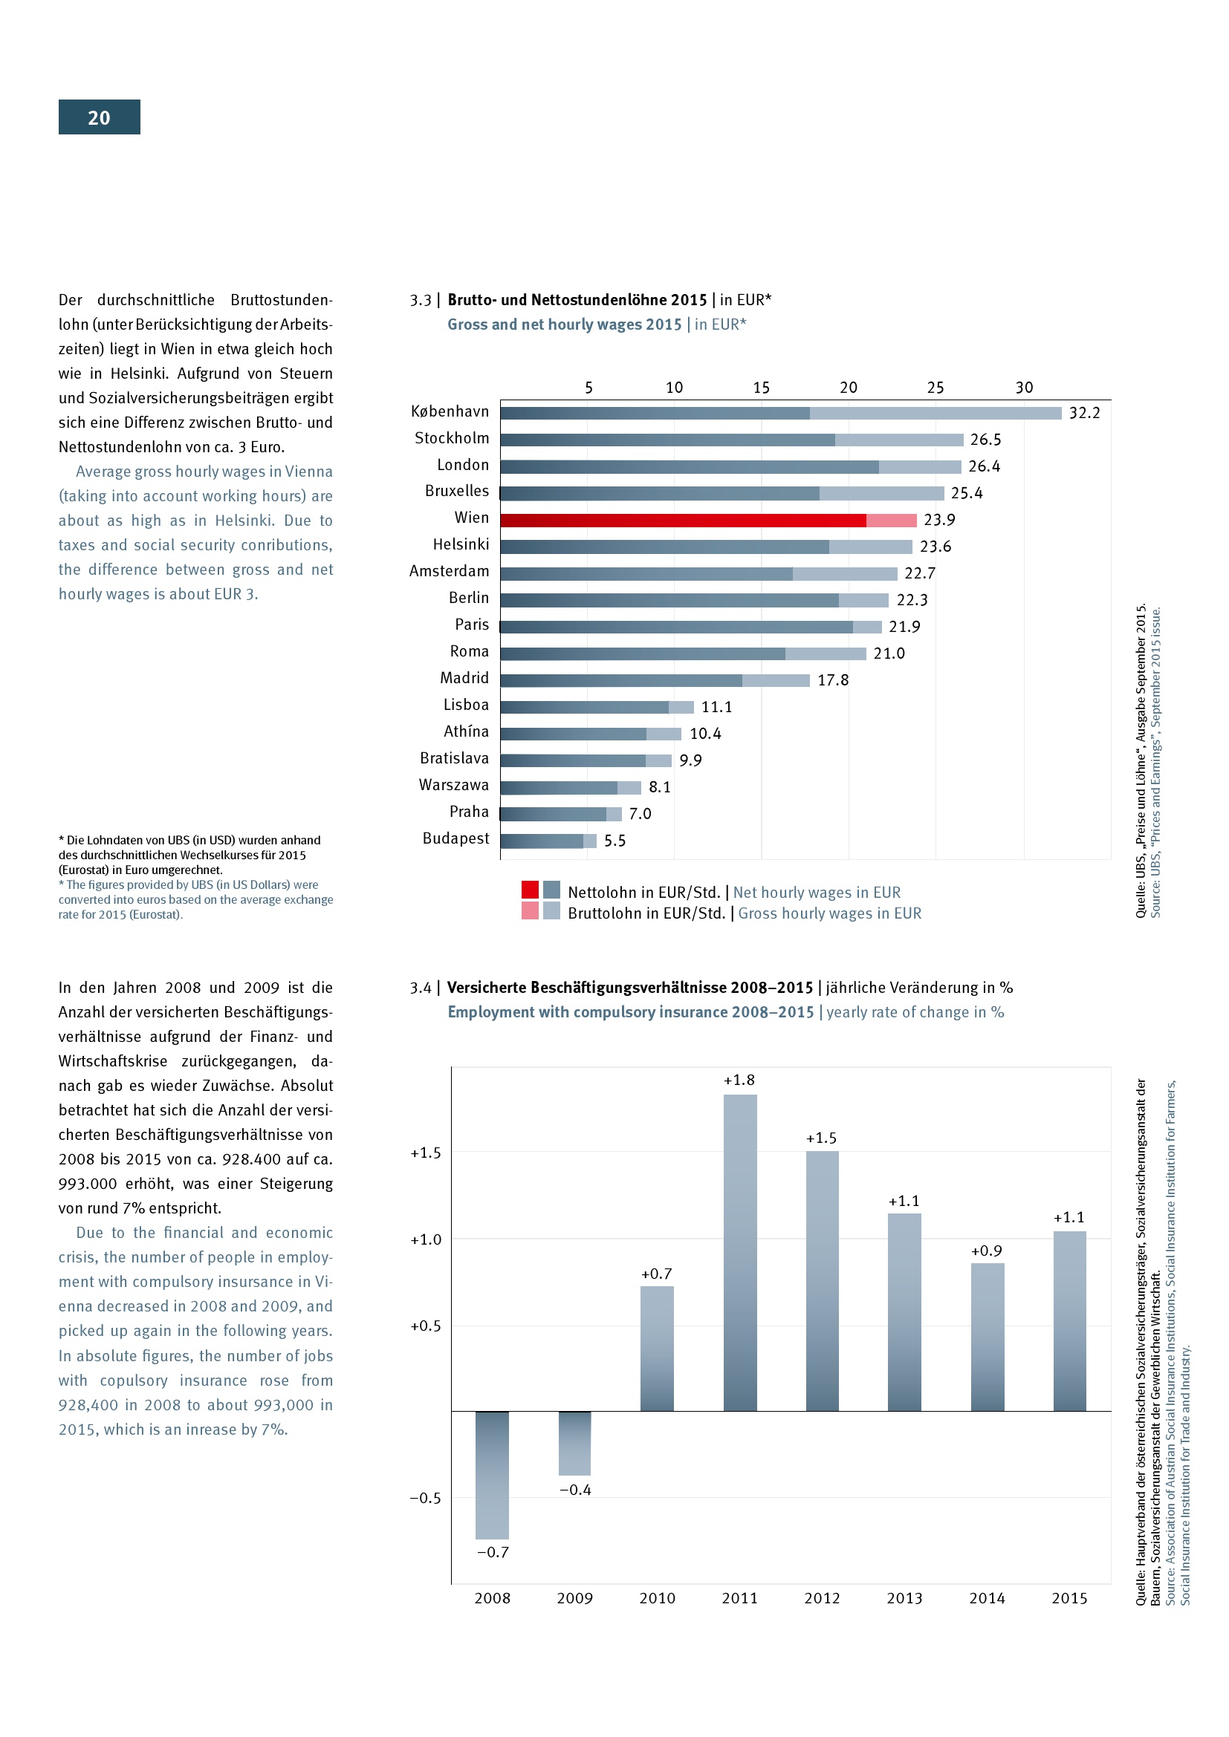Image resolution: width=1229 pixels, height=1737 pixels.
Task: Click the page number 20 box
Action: point(99,117)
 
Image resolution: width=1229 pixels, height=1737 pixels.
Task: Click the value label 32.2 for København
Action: point(1083,413)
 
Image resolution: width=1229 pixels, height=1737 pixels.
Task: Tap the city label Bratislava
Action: point(454,759)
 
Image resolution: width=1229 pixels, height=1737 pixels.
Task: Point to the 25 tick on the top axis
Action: point(935,388)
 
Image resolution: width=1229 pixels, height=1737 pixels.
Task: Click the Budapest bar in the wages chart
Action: point(548,841)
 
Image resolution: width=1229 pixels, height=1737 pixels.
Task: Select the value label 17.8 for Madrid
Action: point(832,680)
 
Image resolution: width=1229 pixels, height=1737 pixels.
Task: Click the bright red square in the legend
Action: point(530,890)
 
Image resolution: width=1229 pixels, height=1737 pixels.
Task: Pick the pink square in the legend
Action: point(530,911)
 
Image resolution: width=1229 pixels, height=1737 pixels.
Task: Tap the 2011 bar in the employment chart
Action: point(739,1253)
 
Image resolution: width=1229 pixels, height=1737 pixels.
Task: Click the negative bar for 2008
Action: point(492,1476)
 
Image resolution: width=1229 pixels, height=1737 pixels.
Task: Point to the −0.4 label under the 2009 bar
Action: point(575,1490)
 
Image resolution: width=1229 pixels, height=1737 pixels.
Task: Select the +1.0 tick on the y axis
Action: point(425,1240)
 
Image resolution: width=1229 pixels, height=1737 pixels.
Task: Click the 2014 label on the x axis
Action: point(987,1599)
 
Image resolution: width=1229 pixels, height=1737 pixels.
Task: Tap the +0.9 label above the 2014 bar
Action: point(986,1251)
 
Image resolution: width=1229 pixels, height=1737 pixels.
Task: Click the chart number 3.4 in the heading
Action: point(421,988)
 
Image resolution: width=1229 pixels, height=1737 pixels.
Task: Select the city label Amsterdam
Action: point(449,571)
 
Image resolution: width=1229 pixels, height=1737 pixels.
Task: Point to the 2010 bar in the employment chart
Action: point(657,1349)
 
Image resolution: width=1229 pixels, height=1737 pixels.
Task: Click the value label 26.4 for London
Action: point(984,467)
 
